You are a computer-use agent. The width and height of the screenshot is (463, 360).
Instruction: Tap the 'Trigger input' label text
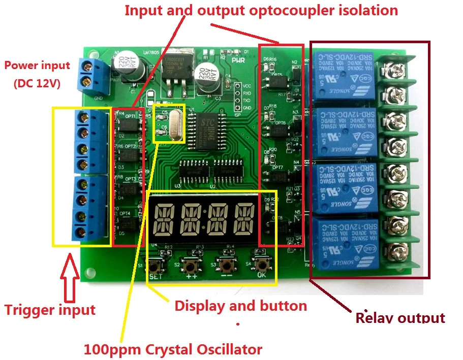[50, 310]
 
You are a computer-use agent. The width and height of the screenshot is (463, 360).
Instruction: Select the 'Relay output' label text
[400, 318]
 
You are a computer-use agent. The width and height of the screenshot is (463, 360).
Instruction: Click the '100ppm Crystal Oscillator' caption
[173, 349]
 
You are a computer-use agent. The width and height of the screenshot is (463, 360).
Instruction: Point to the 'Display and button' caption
[240, 306]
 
